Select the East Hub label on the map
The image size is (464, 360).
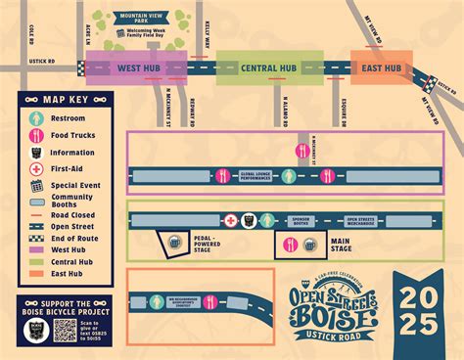pyautogui.click(x=381, y=67)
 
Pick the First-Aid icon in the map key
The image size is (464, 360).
pyautogui.click(x=36, y=168)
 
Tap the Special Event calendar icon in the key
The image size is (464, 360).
pyautogui.click(x=36, y=184)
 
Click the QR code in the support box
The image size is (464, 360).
pyautogui.click(x=65, y=329)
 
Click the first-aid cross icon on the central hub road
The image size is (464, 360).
pyautogui.click(x=230, y=221)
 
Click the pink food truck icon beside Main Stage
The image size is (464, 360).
pyautogui.click(x=290, y=245)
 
